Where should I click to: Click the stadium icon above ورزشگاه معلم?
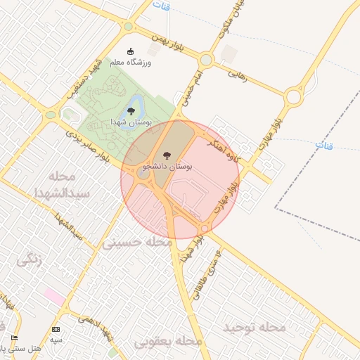click(x=130, y=51)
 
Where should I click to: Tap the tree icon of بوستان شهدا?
click(x=131, y=111)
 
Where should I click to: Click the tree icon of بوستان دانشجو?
click(x=167, y=155)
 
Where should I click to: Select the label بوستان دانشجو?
click(x=167, y=167)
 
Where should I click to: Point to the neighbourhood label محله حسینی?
click(x=138, y=243)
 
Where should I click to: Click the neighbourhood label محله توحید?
click(x=255, y=328)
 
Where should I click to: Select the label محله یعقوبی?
click(x=169, y=341)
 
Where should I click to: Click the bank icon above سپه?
click(x=56, y=329)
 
